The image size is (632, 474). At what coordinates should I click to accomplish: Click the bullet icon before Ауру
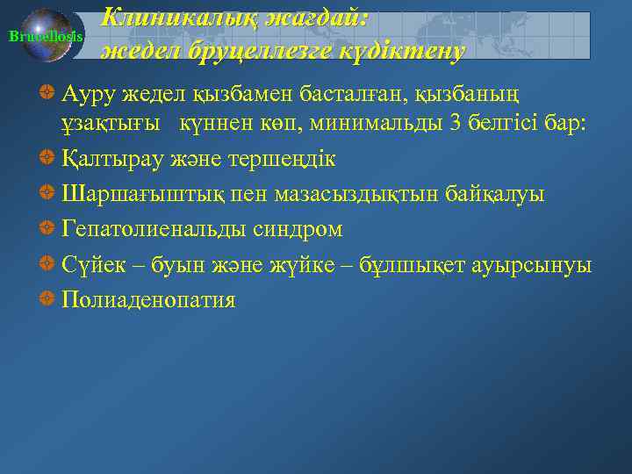coord(48,90)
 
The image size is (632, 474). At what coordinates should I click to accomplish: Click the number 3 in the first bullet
coord(454,122)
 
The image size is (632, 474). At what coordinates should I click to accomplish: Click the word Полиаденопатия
coord(148,300)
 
